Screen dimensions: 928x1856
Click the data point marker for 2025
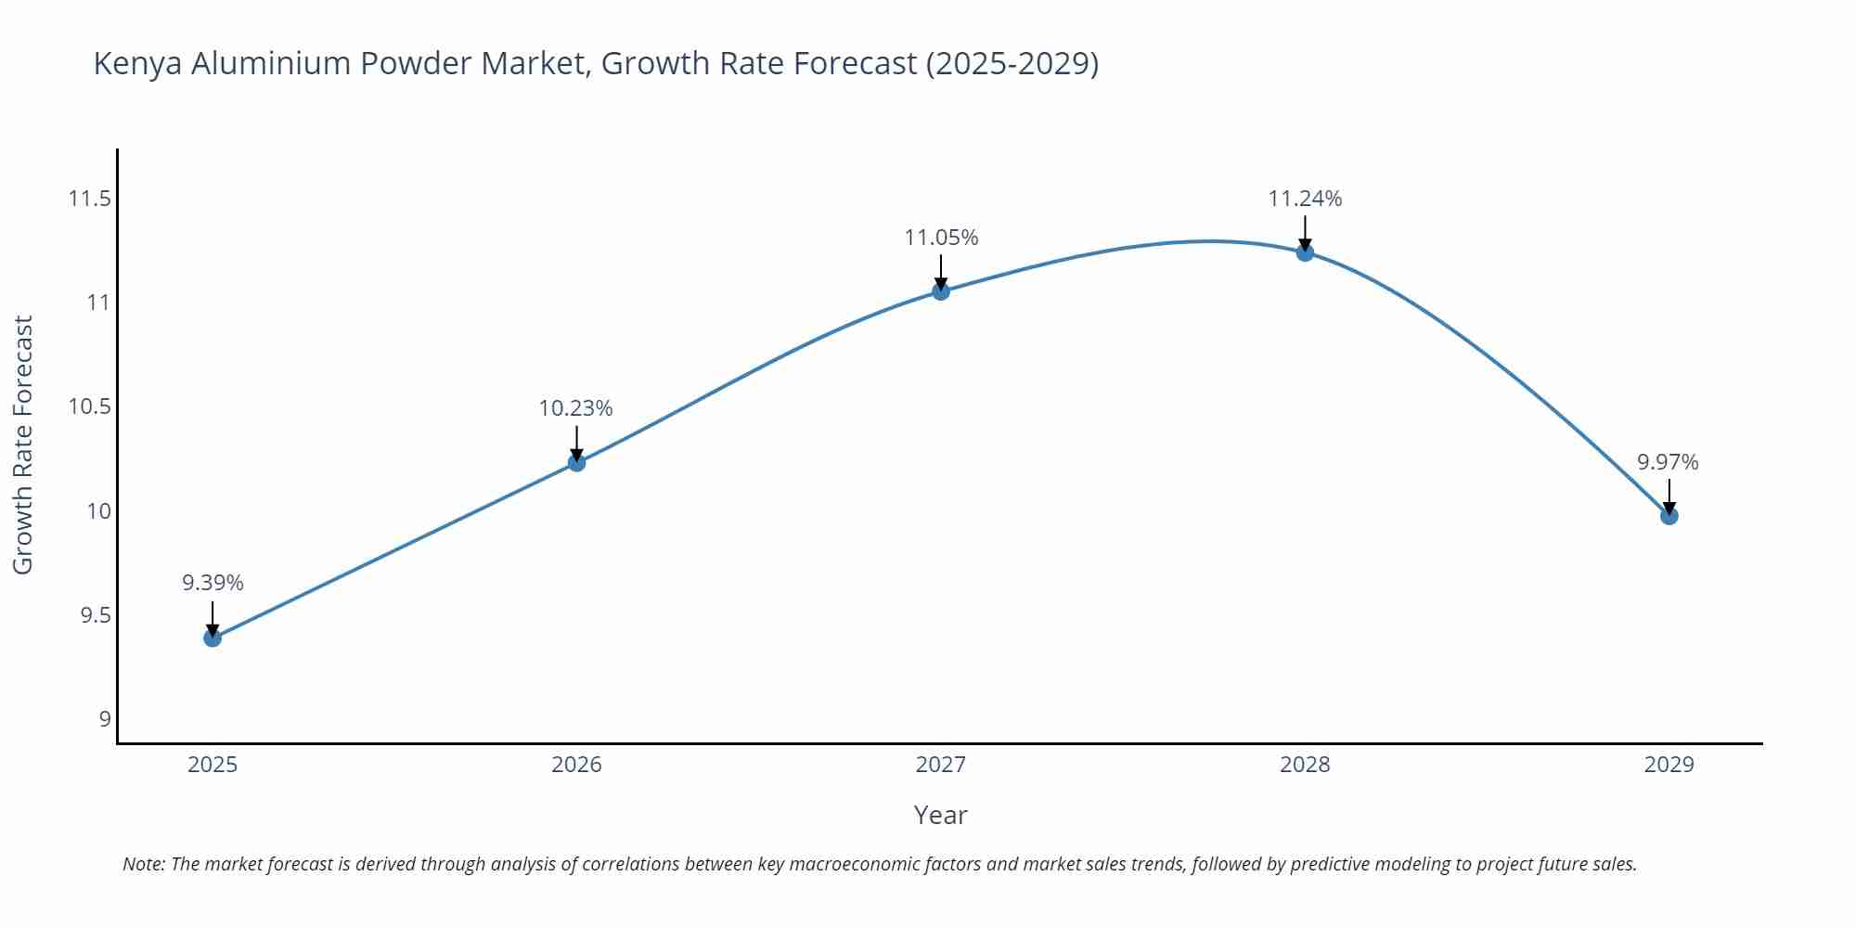pyautogui.click(x=213, y=638)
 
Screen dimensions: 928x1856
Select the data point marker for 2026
pyautogui.click(x=576, y=462)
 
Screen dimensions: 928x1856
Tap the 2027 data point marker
pyautogui.click(x=941, y=291)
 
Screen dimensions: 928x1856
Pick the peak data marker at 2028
pyautogui.click(x=1305, y=252)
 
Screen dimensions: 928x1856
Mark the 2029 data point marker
pyautogui.click(x=1669, y=516)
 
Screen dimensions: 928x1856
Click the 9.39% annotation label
pyautogui.click(x=213, y=583)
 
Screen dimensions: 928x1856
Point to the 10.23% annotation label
pyautogui.click(x=576, y=408)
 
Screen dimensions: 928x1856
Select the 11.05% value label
pyautogui.click(x=941, y=238)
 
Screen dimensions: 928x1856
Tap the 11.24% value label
pyautogui.click(x=1305, y=199)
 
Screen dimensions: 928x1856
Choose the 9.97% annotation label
pyautogui.click(x=1668, y=462)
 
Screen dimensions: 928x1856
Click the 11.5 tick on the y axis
pyautogui.click(x=89, y=199)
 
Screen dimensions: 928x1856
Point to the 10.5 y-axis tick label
pyautogui.click(x=89, y=406)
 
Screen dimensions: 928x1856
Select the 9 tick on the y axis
pyautogui.click(x=104, y=719)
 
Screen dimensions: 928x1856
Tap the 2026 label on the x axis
pyautogui.click(x=576, y=765)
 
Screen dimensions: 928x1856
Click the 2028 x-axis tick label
pyautogui.click(x=1305, y=765)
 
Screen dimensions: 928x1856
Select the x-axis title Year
pyautogui.click(x=940, y=815)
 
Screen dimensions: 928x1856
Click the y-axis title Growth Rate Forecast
pyautogui.click(x=23, y=445)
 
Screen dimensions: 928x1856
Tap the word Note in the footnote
pyautogui.click(x=143, y=864)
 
